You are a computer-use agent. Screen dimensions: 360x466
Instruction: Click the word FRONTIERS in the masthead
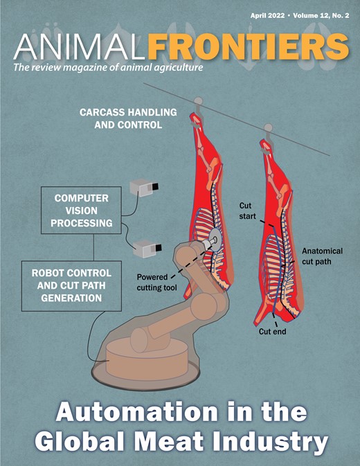(249, 46)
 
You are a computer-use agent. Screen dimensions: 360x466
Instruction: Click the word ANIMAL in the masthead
(80, 46)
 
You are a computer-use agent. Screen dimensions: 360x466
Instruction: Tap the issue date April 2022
(267, 16)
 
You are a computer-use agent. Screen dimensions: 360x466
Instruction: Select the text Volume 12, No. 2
(321, 16)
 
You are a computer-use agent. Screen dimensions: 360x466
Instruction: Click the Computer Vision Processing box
(81, 210)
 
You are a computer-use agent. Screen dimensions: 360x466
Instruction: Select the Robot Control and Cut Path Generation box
(71, 286)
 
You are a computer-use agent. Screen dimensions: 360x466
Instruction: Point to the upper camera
(144, 187)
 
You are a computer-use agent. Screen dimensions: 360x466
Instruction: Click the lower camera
(147, 249)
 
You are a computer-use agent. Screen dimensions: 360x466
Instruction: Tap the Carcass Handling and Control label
(128, 118)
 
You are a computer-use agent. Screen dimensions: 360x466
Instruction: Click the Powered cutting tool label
(156, 283)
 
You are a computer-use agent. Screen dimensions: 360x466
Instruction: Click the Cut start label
(247, 210)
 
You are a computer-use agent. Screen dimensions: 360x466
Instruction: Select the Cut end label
(272, 332)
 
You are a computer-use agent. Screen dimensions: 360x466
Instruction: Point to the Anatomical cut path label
(322, 256)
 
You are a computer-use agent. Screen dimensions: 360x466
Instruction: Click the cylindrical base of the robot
(147, 359)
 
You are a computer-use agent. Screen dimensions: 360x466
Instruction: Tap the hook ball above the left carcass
(198, 101)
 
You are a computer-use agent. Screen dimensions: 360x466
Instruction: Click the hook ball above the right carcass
(268, 128)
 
